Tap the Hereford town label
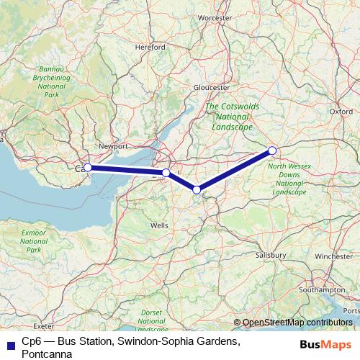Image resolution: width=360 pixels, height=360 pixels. (150, 47)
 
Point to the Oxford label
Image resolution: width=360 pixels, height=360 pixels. (341, 112)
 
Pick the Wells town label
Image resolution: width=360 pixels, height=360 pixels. (159, 225)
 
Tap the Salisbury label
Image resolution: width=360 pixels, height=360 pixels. (271, 255)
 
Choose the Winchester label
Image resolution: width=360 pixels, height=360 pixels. (334, 256)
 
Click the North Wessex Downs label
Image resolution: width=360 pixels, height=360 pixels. (289, 175)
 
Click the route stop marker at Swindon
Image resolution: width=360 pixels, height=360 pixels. (272, 150)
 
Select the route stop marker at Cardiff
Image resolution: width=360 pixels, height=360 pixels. (88, 168)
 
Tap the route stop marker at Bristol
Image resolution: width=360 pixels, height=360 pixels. (166, 173)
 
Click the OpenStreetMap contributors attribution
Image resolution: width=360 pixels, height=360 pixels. (297, 322)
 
